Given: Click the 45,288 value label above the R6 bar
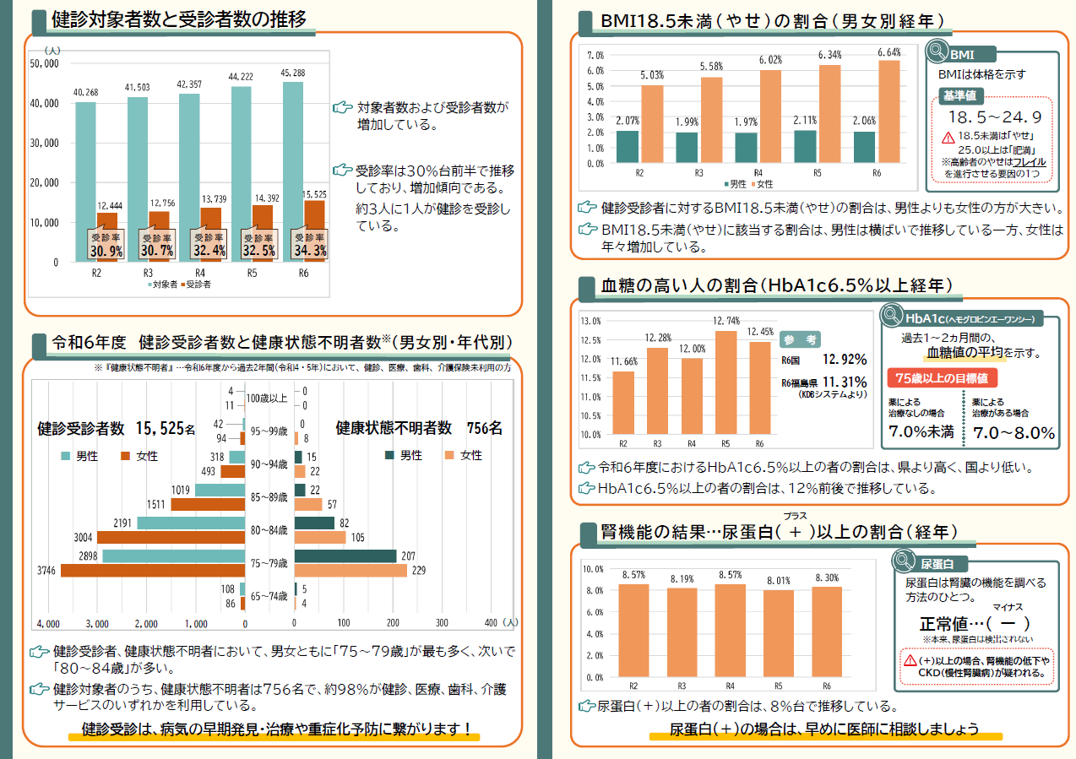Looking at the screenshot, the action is click(292, 73).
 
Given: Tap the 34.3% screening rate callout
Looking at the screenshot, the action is click(310, 244).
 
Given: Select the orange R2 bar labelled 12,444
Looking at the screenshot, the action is click(107, 237).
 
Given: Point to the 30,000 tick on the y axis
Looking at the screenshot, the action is click(44, 143).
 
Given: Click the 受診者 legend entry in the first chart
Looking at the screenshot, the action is click(196, 285).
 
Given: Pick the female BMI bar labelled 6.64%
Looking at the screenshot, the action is click(889, 111).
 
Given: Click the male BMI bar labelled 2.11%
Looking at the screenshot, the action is click(805, 146).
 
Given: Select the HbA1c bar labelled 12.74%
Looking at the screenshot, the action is click(725, 382).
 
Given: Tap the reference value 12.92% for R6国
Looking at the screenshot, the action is click(845, 359).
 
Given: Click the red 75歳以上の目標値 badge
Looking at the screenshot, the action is click(942, 378).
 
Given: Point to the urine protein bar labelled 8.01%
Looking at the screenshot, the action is click(778, 634).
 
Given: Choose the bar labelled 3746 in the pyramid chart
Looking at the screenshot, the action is click(153, 571).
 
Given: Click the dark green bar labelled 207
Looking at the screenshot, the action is click(345, 556).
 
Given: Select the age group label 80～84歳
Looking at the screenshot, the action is click(269, 530).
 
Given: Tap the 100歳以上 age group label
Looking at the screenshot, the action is click(267, 398).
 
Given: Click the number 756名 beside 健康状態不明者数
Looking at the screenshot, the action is click(485, 428).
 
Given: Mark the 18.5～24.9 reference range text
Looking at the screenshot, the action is click(995, 117).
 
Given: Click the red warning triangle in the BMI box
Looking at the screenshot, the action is click(948, 138).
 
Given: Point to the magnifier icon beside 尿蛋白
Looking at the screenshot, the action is click(904, 561).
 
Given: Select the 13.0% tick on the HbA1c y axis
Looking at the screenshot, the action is click(591, 321).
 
